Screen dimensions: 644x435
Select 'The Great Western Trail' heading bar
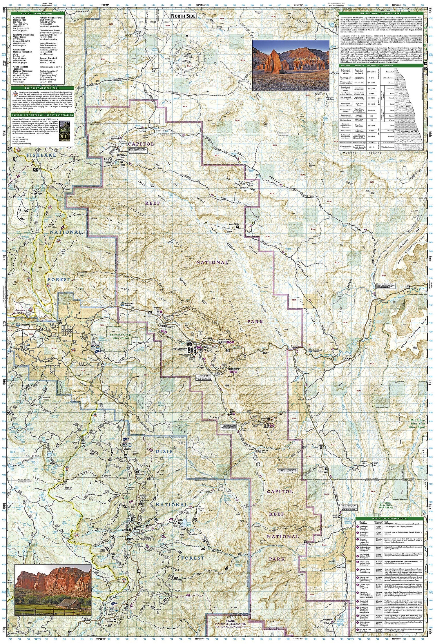click(x=42, y=88)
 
